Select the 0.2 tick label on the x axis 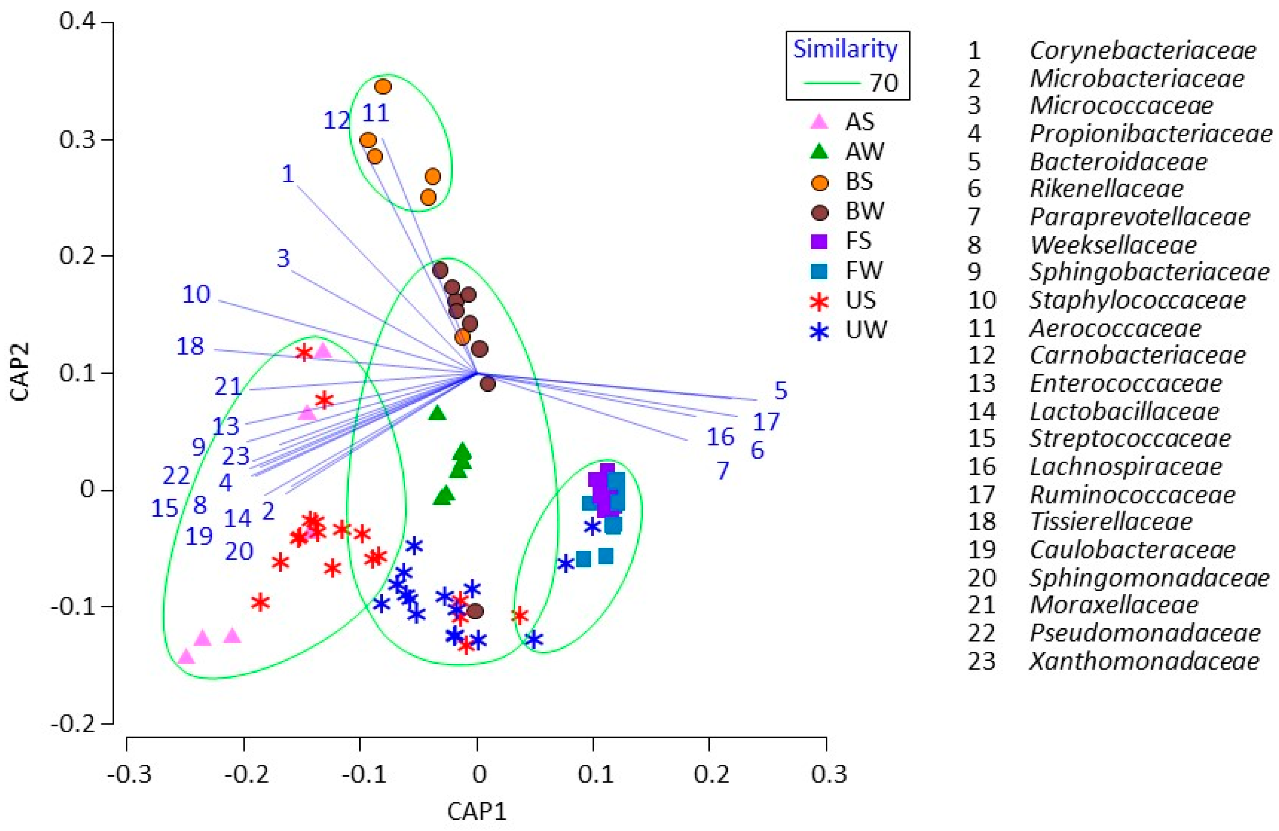click(711, 774)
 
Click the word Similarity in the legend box click(845, 50)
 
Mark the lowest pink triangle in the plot click(186, 656)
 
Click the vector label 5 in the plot click(781, 391)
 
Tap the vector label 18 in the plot click(190, 346)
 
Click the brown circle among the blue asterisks click(475, 611)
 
